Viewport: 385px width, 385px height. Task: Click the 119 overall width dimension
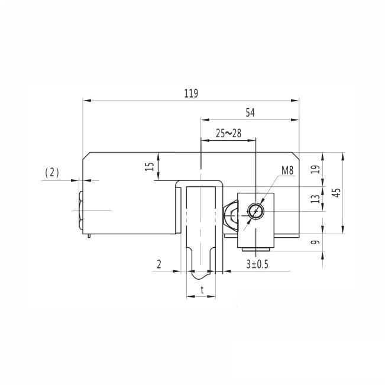pos(190,93)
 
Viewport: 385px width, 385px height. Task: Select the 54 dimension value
pos(250,112)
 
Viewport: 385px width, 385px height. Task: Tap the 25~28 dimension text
pos(228,134)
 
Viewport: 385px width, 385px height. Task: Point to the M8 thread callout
pos(287,171)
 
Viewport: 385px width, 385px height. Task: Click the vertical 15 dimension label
pos(148,167)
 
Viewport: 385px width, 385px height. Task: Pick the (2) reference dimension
pos(52,172)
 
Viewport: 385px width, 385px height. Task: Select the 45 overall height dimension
pos(335,193)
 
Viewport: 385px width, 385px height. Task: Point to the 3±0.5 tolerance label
pos(257,264)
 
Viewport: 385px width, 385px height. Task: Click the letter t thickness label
pos(202,290)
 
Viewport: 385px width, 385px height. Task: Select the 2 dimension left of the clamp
pos(159,264)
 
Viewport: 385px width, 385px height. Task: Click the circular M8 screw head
pos(255,211)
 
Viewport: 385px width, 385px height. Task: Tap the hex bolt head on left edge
pos(80,210)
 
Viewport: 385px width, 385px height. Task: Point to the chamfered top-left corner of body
pos(86,156)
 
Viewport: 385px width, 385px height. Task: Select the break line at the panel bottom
pos(201,276)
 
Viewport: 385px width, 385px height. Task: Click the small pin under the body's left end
pos(89,237)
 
